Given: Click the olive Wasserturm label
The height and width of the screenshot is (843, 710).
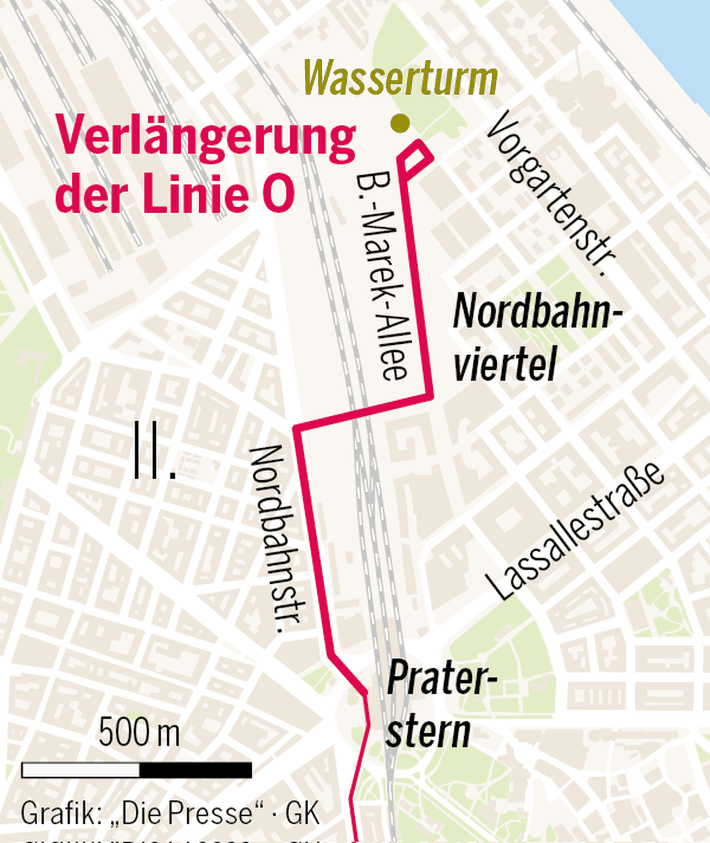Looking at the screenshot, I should (400, 78).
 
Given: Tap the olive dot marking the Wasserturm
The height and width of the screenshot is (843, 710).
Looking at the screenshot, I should (401, 123).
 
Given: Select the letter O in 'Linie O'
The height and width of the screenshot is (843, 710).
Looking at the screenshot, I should (278, 196).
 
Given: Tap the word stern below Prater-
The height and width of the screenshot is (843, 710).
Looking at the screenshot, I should (427, 731).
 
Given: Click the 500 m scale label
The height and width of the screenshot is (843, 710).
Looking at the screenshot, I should (138, 733).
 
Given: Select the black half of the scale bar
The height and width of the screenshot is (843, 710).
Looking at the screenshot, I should (195, 770).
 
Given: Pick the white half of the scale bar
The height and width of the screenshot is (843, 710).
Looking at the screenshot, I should (80, 770).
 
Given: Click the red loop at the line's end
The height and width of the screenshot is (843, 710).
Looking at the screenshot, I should (417, 157).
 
